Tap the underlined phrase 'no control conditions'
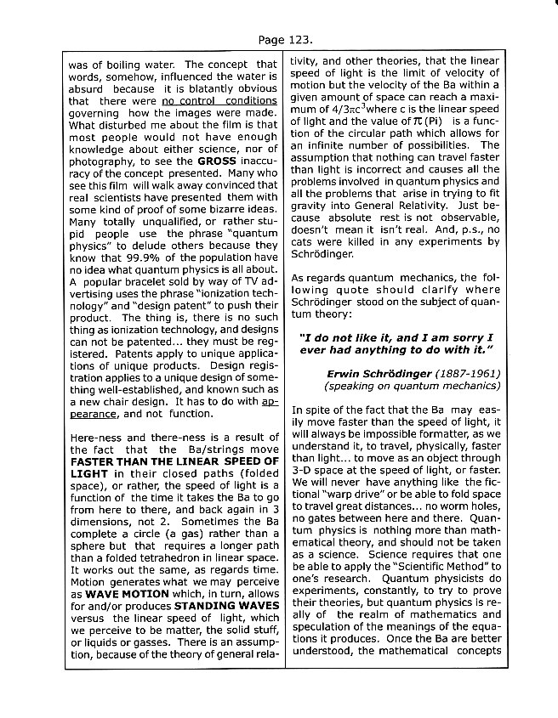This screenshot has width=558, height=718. [219, 100]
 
